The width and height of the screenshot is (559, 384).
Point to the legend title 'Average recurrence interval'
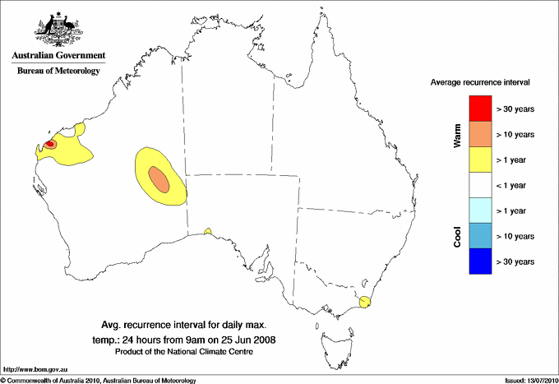tap(480, 83)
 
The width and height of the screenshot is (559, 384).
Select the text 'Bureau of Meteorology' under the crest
tap(58, 72)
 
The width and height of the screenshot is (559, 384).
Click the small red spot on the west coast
tap(49, 144)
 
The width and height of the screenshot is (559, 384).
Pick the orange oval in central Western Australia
tap(159, 178)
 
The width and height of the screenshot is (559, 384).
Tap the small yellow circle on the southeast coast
tap(366, 301)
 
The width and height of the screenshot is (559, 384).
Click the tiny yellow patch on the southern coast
tap(208, 231)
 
